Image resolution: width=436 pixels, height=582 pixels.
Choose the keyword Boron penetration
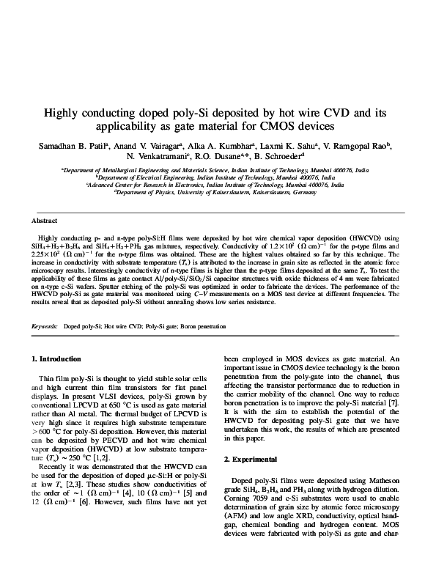(x=204, y=325)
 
